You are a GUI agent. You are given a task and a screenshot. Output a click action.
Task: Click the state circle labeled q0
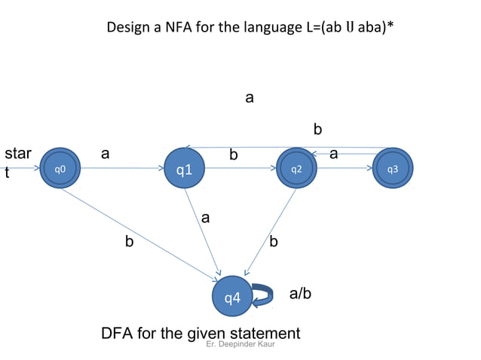(60, 169)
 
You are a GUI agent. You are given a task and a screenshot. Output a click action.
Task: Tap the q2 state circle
(296, 169)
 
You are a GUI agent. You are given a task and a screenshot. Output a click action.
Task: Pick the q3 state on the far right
(392, 169)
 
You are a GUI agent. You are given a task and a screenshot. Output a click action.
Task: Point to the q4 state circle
(233, 298)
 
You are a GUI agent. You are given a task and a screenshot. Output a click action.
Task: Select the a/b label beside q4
(300, 293)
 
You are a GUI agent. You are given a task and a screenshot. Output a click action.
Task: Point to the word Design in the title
(128, 28)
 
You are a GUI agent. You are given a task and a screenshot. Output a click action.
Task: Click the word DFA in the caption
(117, 333)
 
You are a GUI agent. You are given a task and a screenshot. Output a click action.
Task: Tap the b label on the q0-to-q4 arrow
(130, 243)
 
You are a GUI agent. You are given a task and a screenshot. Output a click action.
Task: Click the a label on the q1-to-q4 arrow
(205, 218)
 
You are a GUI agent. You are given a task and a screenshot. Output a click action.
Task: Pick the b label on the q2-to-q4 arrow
(274, 242)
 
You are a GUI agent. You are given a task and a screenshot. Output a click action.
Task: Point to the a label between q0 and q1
(106, 154)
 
